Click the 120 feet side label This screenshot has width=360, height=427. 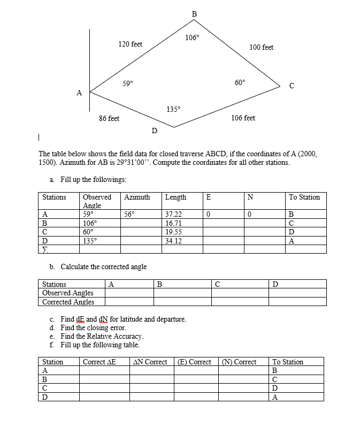click(x=130, y=44)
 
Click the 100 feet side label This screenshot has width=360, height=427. click(x=261, y=48)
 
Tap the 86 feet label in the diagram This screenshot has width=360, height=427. click(x=109, y=118)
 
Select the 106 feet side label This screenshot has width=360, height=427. click(x=243, y=118)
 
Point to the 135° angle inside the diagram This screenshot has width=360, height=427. click(x=173, y=109)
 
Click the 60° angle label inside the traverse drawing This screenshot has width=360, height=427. click(x=240, y=82)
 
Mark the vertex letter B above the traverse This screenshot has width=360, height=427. click(x=194, y=13)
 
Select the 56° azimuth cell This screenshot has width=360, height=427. click(x=129, y=214)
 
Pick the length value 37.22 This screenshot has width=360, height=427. click(x=173, y=214)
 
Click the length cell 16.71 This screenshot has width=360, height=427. click(x=173, y=223)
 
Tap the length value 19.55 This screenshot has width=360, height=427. click(x=173, y=232)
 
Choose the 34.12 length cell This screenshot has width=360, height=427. click(x=173, y=241)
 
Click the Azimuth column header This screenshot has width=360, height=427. click(x=137, y=197)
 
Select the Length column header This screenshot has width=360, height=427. click(x=176, y=197)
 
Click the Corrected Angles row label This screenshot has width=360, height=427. click(x=68, y=302)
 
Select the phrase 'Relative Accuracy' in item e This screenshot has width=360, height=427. click(x=116, y=336)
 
